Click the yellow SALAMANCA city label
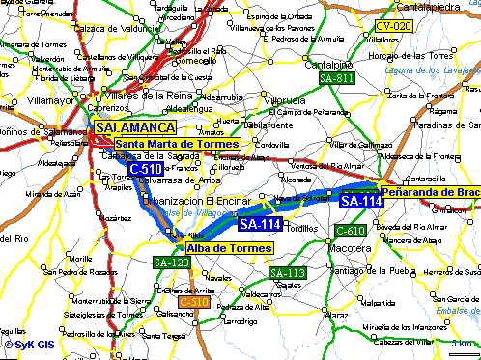134,127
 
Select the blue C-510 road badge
145,169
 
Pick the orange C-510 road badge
194,302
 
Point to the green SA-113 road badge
288,273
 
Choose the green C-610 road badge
350,231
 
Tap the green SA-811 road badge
336,77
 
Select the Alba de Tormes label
228,248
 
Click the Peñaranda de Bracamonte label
430,192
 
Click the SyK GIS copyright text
30,343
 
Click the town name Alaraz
336,314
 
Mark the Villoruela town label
285,99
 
